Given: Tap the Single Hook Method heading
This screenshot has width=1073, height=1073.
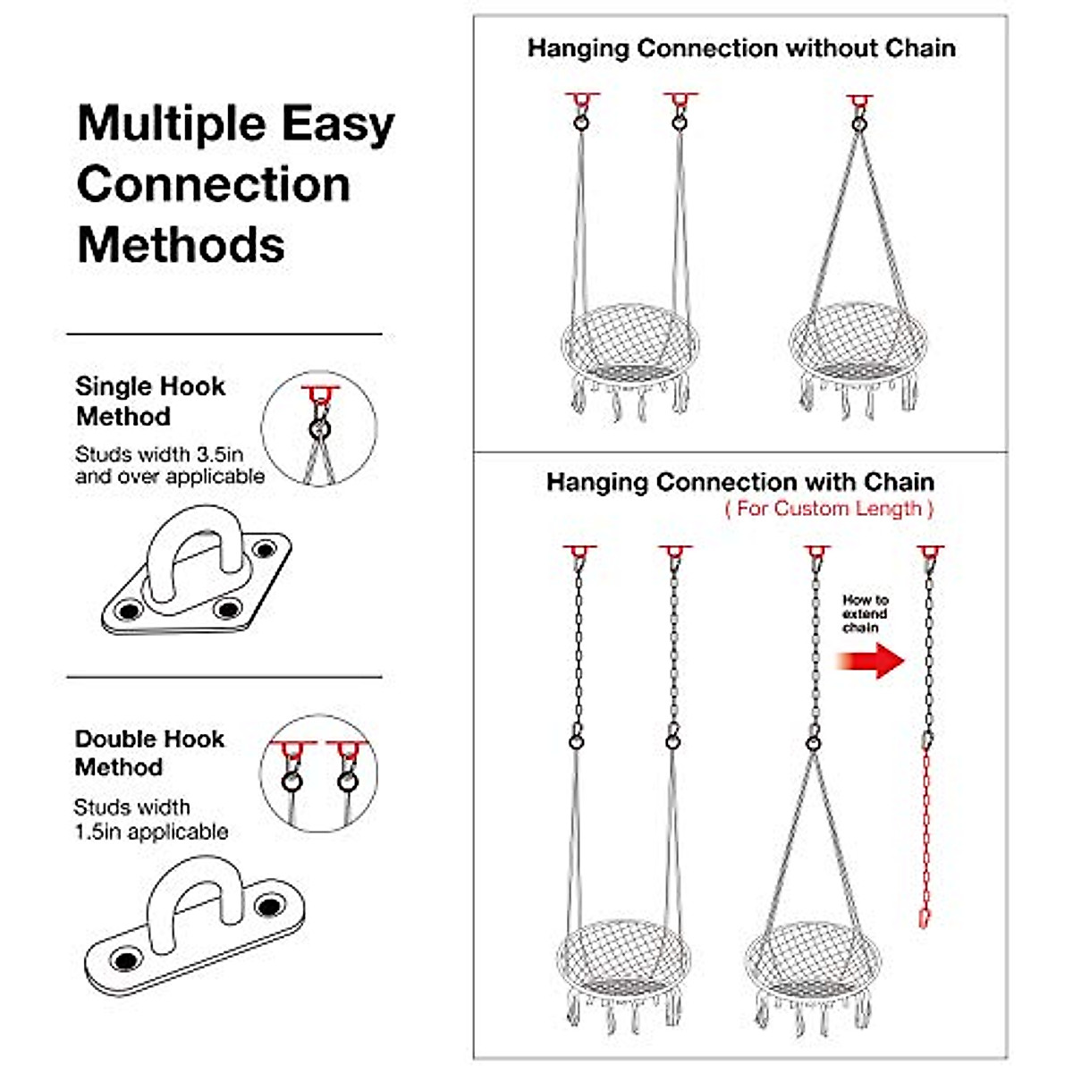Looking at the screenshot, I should pyautogui.click(x=149, y=401).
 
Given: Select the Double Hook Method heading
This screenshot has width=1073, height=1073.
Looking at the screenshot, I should pyautogui.click(x=149, y=753).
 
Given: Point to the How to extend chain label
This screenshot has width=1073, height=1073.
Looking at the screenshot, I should pyautogui.click(x=865, y=613).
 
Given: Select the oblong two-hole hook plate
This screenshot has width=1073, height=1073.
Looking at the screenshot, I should pyautogui.click(x=195, y=925).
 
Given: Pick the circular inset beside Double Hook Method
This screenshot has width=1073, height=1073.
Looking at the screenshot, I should pyautogui.click(x=319, y=774).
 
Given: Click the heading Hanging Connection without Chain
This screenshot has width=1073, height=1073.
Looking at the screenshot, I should pyautogui.click(x=740, y=48).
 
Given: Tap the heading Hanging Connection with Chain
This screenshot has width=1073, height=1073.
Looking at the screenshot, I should pyautogui.click(x=740, y=482).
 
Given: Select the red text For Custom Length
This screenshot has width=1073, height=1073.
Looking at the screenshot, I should pyautogui.click(x=829, y=509).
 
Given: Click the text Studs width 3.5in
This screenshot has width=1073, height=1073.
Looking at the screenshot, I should pyautogui.click(x=159, y=454).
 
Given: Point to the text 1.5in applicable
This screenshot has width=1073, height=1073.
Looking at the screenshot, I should pyautogui.click(x=151, y=832).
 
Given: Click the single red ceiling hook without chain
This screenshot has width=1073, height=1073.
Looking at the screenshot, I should pyautogui.click(x=858, y=100).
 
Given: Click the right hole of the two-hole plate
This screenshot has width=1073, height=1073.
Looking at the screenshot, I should pyautogui.click(x=269, y=906).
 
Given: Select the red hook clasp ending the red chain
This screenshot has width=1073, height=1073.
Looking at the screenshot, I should pyautogui.click(x=925, y=917).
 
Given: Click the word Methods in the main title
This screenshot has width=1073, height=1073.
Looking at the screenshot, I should pyautogui.click(x=181, y=245).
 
